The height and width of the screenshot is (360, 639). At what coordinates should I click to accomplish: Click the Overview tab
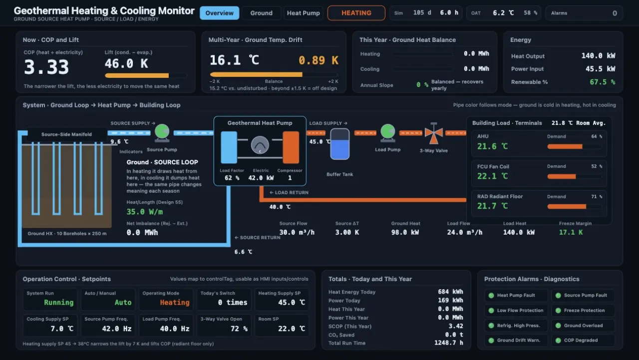coord(219,13)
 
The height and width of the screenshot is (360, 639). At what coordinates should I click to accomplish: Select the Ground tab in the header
coord(261,13)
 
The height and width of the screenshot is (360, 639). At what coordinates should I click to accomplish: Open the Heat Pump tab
coord(303,13)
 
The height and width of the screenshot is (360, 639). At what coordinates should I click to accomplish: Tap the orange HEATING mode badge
coord(356,13)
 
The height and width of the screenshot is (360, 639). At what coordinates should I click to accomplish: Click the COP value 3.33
coord(46,67)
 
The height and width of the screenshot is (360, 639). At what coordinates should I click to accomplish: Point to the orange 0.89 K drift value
coord(319,60)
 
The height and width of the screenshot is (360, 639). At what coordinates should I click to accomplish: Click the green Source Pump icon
coord(162,133)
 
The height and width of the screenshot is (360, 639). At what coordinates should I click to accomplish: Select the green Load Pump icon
coord(388,133)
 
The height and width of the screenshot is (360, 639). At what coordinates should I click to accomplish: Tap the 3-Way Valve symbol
coord(434,133)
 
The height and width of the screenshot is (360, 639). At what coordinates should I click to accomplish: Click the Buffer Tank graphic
coord(340,144)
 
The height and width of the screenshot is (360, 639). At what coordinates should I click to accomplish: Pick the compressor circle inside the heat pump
coord(260,145)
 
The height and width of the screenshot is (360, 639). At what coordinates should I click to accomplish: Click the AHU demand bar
coord(574,147)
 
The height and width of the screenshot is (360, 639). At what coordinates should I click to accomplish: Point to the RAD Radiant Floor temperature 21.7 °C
coord(492,206)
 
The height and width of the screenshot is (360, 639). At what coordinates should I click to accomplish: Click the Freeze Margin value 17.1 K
coord(571,232)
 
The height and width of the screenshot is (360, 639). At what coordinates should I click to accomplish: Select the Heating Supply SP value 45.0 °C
coord(292,303)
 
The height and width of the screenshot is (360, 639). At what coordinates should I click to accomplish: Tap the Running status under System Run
coord(59,303)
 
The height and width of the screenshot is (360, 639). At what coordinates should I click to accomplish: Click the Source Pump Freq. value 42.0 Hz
coord(117,329)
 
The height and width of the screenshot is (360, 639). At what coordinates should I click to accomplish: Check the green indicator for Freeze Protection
coord(558,311)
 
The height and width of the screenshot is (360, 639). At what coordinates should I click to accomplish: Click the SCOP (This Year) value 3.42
coord(456,326)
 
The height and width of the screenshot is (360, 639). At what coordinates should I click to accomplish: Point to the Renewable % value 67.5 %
coord(602,82)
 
